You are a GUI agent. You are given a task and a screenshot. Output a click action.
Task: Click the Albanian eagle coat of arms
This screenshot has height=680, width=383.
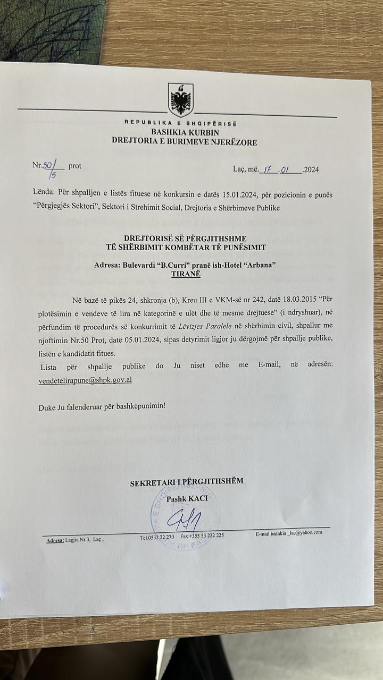[180, 99]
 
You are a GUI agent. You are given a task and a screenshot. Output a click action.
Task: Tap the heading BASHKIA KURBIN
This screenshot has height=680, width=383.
[185, 133]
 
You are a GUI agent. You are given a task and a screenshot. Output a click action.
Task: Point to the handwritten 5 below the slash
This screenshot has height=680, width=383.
[53, 175]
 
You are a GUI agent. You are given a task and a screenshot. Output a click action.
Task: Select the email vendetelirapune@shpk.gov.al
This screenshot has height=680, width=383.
[85, 380]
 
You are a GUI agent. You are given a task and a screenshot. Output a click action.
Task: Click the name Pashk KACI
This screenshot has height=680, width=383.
[187, 499]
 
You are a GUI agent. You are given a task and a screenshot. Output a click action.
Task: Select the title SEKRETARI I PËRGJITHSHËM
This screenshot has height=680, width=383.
[186, 481]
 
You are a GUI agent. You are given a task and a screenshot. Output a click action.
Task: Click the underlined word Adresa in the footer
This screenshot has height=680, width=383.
[55, 540]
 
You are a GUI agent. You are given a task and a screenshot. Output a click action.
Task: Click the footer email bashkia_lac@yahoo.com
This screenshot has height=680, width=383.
[296, 533]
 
